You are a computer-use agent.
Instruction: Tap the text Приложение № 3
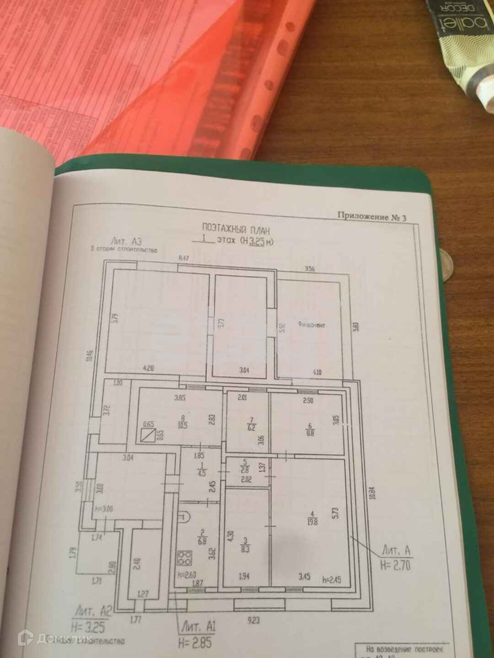click(371, 217)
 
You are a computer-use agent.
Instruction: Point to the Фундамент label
click(311, 325)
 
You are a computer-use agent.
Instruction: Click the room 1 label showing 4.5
click(200, 469)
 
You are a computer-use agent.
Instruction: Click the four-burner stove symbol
click(185, 557)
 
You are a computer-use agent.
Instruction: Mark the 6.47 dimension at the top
click(183, 259)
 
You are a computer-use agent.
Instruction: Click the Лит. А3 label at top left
click(123, 241)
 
